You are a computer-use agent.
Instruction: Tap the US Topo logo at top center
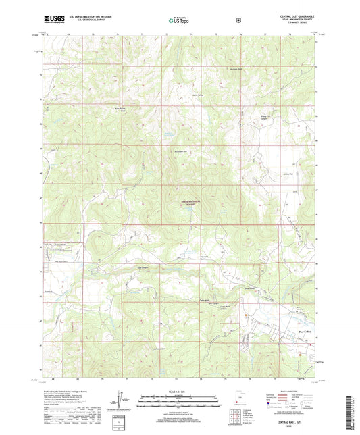179,21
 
